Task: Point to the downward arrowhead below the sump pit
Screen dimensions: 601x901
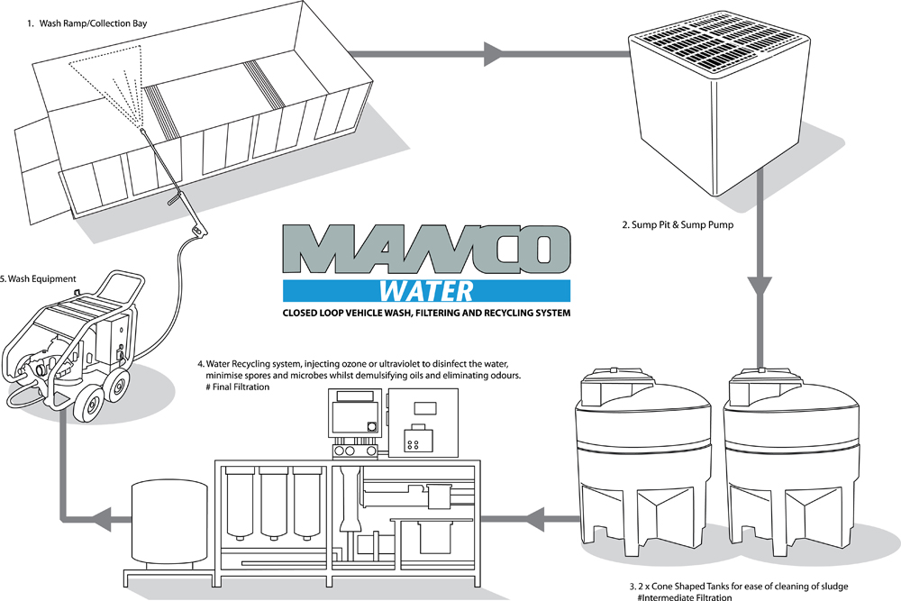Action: click(761, 289)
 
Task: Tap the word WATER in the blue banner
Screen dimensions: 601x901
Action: click(426, 290)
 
